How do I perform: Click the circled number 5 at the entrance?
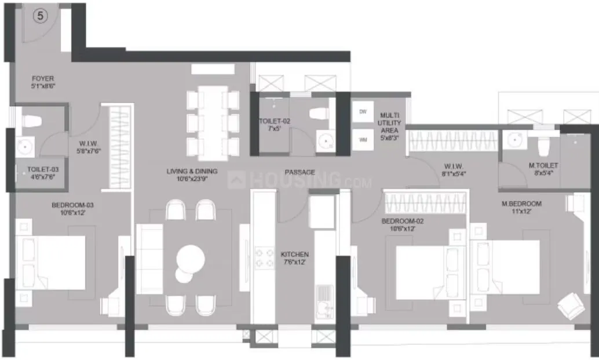[x=40, y=16]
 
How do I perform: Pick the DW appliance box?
[x=363, y=111]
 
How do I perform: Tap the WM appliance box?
[x=363, y=139]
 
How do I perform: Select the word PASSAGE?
[x=299, y=172]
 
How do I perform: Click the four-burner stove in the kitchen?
[x=265, y=257]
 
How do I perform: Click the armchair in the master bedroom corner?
[x=571, y=305]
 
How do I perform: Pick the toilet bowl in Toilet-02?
[x=319, y=114]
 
